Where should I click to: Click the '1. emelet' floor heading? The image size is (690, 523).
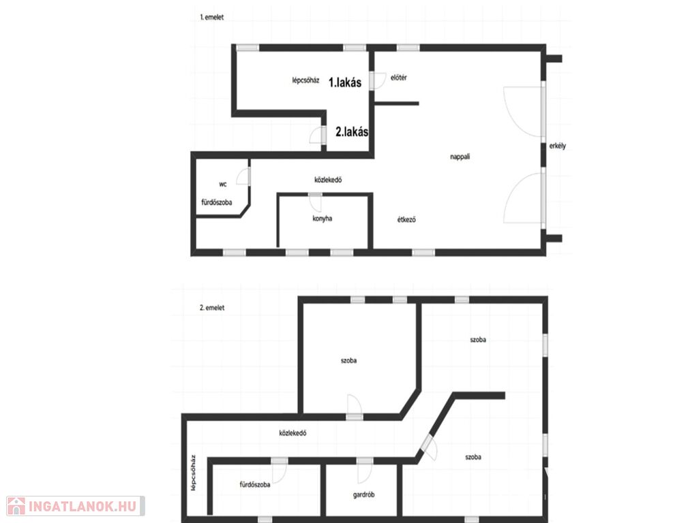pos(211,17)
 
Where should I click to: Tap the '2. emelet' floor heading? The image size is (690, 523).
pos(212,308)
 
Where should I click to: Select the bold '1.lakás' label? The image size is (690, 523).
pos(345,82)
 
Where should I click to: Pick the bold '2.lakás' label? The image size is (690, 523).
pos(352,132)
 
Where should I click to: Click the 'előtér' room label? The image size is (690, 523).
pos(399,78)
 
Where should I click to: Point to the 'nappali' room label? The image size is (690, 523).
pos(460,157)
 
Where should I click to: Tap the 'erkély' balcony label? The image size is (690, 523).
pos(558,146)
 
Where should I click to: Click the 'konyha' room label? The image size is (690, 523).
pos(322,219)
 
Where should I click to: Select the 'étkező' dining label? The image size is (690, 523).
pos(406,219)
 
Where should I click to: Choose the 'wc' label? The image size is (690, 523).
pos(223,184)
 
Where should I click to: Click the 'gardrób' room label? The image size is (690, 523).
pos(363,494)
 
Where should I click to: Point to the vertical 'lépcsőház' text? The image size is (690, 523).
pos(193,473)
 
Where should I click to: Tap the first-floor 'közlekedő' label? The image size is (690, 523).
pos(328,180)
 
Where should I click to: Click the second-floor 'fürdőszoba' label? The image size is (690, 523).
pos(255,484)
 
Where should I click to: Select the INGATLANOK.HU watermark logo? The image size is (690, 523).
pos(75,506)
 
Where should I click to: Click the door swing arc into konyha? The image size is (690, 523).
pos(315,203)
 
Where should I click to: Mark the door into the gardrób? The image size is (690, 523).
pos(365,471)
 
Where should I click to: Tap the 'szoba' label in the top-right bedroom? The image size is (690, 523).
pos(478,340)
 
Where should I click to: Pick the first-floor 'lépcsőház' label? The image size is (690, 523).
pos(306,80)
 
